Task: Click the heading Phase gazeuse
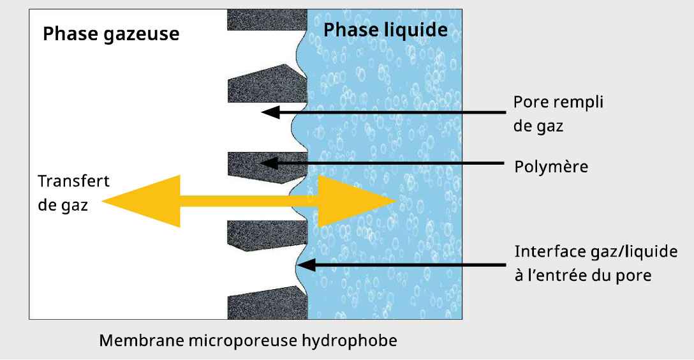[110, 34]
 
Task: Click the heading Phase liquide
[385, 30]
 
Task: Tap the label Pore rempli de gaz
[558, 114]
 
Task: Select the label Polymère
[551, 167]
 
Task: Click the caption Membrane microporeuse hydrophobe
[247, 340]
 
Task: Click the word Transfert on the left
[73, 181]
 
